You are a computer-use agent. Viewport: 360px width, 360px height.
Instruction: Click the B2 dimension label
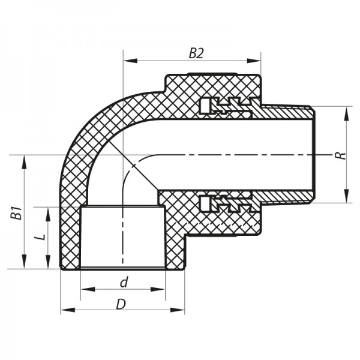click(x=196, y=53)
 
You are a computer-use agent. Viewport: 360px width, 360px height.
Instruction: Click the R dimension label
click(x=340, y=155)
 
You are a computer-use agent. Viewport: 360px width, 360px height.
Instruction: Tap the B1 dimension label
click(x=17, y=213)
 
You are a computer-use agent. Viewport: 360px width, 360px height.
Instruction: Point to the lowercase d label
click(x=123, y=282)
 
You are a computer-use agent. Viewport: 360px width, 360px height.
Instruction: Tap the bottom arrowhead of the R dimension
click(x=346, y=197)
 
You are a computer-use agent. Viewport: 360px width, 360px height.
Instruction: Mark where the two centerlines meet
click(x=123, y=155)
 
